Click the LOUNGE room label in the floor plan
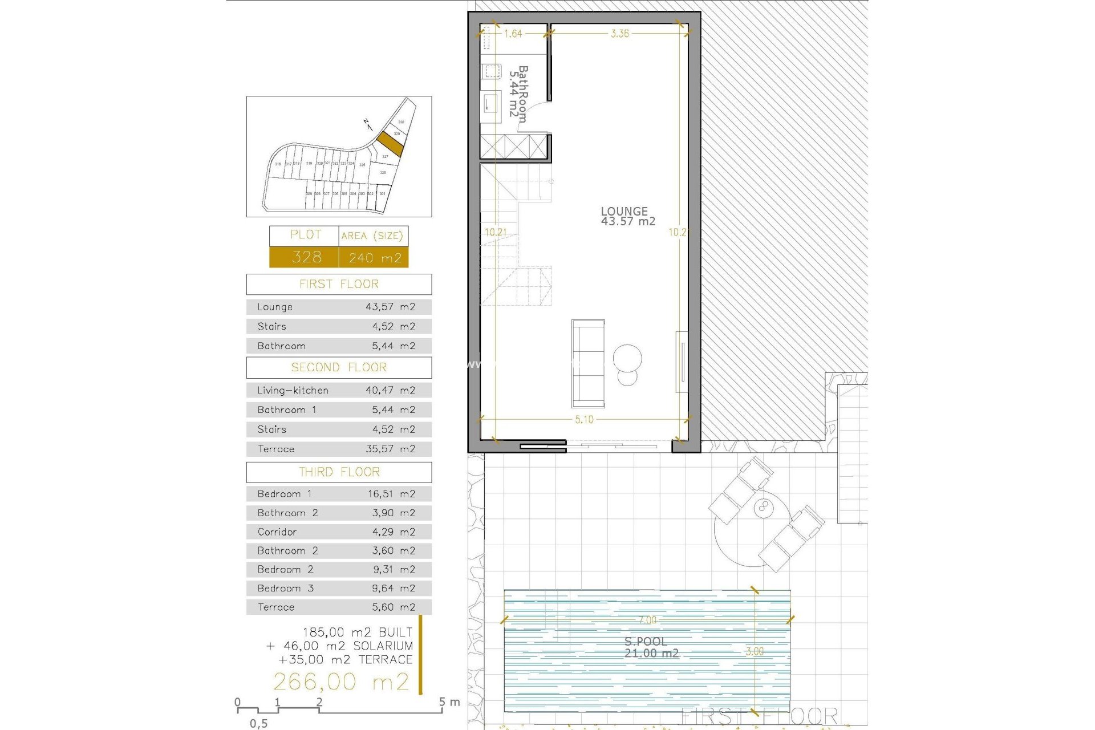(x=624, y=212)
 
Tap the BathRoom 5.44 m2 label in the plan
(x=518, y=94)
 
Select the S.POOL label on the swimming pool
(x=646, y=642)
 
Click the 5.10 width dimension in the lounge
(x=584, y=420)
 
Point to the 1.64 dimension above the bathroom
(x=513, y=34)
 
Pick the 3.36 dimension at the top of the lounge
(x=620, y=34)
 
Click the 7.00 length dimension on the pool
(x=647, y=620)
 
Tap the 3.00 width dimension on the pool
(x=755, y=651)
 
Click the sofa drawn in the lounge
(x=588, y=363)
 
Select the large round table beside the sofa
(x=627, y=358)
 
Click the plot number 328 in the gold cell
(x=306, y=257)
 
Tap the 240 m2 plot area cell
(x=375, y=258)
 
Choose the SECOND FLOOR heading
(x=339, y=367)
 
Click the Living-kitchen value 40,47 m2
(x=390, y=391)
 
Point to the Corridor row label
(x=277, y=532)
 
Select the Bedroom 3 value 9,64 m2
(x=394, y=589)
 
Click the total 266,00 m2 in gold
(x=341, y=682)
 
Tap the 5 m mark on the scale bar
(x=443, y=703)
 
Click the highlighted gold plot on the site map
(x=390, y=143)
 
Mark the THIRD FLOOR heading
(x=339, y=472)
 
